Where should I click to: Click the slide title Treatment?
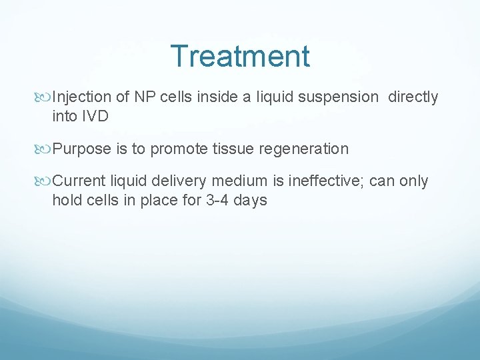[240, 56]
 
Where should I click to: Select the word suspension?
[337, 97]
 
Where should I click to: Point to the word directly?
[413, 97]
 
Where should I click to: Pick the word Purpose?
[82, 149]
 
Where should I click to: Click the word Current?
[79, 181]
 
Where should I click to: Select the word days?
[250, 201]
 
